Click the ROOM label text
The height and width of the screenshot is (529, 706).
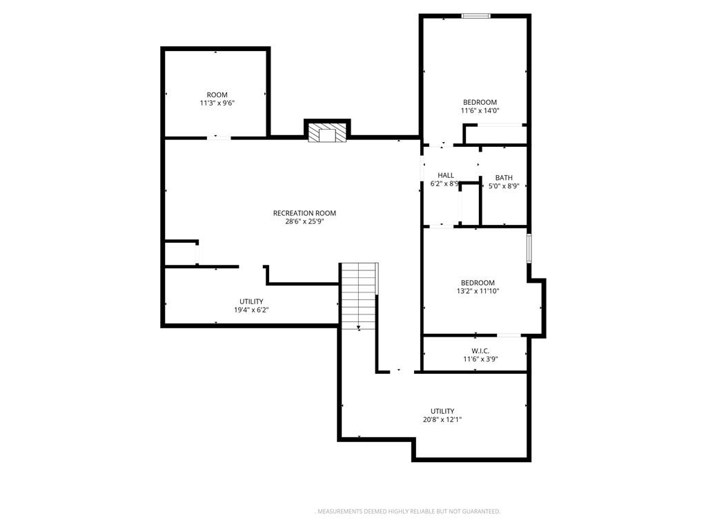click(x=217, y=95)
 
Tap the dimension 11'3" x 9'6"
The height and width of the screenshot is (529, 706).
click(x=217, y=103)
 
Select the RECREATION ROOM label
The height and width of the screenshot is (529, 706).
click(x=305, y=213)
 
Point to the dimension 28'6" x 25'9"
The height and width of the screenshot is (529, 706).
click(x=305, y=221)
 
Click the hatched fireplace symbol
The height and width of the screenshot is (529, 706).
click(x=327, y=132)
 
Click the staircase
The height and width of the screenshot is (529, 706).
click(x=359, y=296)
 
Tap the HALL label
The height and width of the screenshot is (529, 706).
click(x=446, y=175)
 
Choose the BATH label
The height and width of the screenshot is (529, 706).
click(x=504, y=178)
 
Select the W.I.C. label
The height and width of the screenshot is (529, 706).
click(x=480, y=351)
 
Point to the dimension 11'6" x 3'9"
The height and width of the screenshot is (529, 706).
click(x=480, y=359)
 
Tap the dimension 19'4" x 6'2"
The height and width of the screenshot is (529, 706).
click(x=251, y=310)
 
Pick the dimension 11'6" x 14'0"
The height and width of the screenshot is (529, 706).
click(x=480, y=110)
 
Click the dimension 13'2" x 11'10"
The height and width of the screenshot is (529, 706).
click(x=478, y=291)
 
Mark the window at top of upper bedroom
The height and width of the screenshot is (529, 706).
click(x=476, y=16)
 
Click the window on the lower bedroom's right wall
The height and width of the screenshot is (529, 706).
click(x=529, y=248)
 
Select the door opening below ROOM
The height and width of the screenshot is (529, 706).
click(x=219, y=138)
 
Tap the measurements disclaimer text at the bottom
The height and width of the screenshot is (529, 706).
click(x=409, y=512)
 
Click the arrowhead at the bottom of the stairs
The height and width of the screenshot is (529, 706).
click(x=359, y=328)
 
